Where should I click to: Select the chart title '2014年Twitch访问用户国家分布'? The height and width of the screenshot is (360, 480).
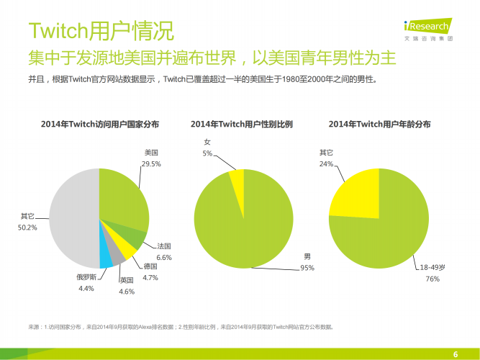tap(100, 125)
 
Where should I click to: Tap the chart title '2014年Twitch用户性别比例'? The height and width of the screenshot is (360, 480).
tap(242, 125)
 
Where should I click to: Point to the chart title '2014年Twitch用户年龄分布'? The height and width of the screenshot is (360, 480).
tap(379, 125)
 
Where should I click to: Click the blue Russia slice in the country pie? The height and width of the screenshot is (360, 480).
tap(106, 254)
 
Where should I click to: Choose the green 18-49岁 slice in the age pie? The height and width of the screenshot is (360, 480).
tap(389, 230)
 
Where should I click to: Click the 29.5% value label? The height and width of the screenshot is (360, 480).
tap(150, 164)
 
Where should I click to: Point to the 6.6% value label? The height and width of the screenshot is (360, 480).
tap(163, 257)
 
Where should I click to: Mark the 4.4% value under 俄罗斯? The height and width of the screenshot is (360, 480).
tap(86, 289)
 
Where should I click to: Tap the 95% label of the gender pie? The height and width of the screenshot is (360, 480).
tap(307, 268)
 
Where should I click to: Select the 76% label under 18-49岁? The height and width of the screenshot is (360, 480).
tap(433, 278)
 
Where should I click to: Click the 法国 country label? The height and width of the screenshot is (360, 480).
tap(163, 246)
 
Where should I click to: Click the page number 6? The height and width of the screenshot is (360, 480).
tap(455, 353)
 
